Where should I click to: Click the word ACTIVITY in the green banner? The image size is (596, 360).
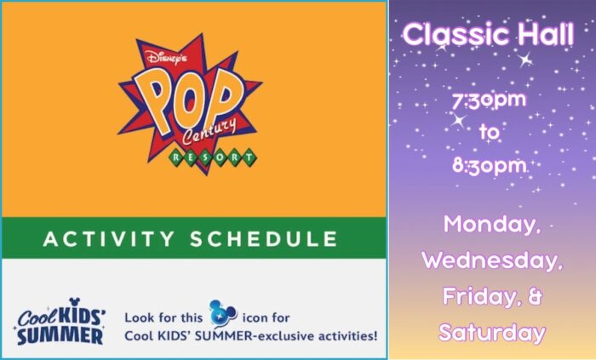pyautogui.click(x=109, y=239)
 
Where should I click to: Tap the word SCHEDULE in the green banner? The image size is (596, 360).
pyautogui.click(x=264, y=239)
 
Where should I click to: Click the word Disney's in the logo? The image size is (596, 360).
pyautogui.click(x=167, y=57)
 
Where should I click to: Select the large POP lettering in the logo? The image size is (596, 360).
pyautogui.click(x=189, y=102)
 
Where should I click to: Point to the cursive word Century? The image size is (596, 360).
pyautogui.click(x=209, y=132)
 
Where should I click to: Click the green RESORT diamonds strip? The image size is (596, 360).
pyautogui.click(x=213, y=157)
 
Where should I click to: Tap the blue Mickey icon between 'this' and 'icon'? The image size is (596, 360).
pyautogui.click(x=223, y=313)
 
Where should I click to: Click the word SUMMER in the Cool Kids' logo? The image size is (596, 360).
pyautogui.click(x=60, y=336)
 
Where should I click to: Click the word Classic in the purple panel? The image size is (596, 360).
pyautogui.click(x=456, y=35)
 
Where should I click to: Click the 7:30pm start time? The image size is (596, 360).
pyautogui.click(x=490, y=100)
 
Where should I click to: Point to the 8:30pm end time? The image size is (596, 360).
pyautogui.click(x=490, y=166)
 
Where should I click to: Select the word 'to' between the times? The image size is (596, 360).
pyautogui.click(x=490, y=132)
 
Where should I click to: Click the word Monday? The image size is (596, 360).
pyautogui.click(x=492, y=225)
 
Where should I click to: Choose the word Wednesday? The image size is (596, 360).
pyautogui.click(x=492, y=260)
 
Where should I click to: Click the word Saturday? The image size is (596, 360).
pyautogui.click(x=492, y=333)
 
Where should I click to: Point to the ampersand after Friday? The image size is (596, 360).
pyautogui.click(x=535, y=296)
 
